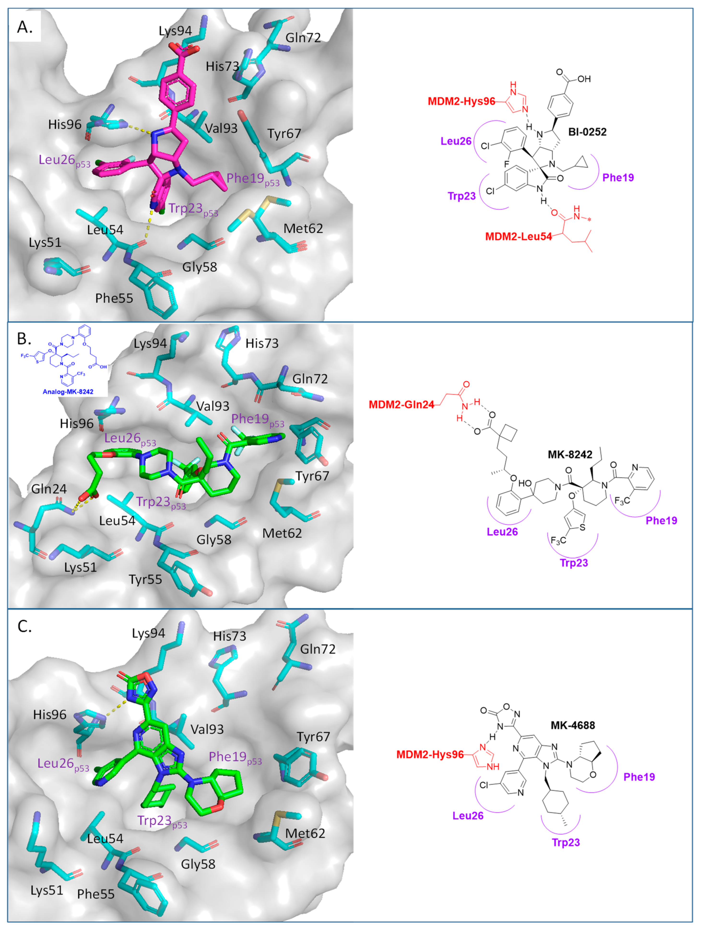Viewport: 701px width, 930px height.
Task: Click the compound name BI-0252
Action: tap(587, 132)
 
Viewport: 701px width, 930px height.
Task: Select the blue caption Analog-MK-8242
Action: tap(68, 392)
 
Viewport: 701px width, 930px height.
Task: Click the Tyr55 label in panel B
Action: tap(145, 579)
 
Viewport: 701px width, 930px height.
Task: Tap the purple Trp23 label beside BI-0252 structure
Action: tap(461, 196)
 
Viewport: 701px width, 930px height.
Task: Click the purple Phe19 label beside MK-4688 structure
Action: tap(639, 777)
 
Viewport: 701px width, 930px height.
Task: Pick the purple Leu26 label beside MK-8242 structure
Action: tap(502, 532)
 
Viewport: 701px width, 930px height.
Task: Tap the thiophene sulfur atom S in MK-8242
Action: tap(583, 527)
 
